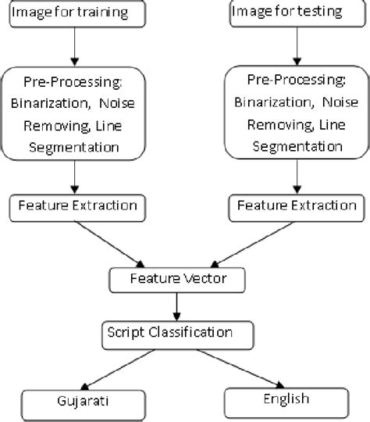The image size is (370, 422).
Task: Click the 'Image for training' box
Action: point(75,12)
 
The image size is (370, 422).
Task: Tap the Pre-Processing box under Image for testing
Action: point(292,113)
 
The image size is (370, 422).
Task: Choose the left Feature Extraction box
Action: point(74,207)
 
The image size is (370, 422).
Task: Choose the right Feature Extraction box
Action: point(294,207)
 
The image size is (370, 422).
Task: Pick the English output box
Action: point(286,399)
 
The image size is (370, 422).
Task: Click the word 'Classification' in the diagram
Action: point(194,333)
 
